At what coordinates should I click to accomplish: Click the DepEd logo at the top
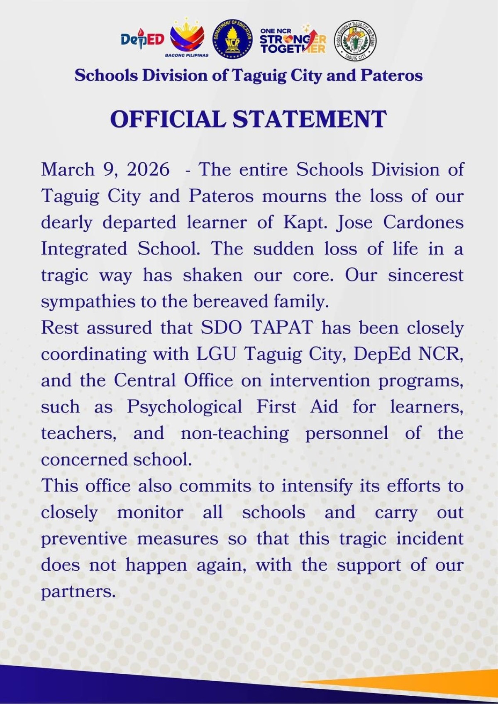[x=142, y=40]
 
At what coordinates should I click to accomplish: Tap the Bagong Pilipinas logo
[x=188, y=37]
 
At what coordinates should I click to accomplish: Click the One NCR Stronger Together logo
[x=293, y=40]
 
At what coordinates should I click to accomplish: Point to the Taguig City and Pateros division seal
[x=355, y=40]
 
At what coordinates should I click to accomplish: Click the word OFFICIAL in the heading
[x=168, y=119]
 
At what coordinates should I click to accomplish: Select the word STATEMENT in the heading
[x=310, y=119]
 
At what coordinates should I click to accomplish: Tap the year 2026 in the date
[x=148, y=170]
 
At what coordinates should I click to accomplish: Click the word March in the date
[x=68, y=170]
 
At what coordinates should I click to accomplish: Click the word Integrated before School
[x=84, y=249]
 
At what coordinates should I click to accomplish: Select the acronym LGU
[x=216, y=354]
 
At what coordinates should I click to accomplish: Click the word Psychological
[x=184, y=407]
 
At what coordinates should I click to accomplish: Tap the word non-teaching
[x=234, y=433]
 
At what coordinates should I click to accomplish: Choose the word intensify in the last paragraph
[x=317, y=486]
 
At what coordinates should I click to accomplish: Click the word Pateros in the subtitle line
[x=391, y=76]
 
